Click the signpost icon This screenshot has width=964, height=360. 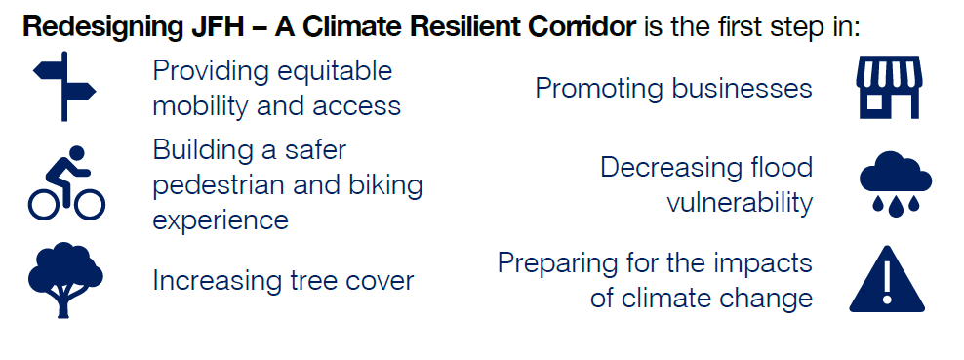(64, 87)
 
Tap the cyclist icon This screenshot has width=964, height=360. (66, 182)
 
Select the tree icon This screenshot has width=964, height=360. (65, 280)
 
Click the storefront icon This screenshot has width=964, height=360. (889, 87)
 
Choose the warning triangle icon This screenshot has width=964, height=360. (887, 279)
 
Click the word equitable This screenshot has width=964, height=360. (334, 72)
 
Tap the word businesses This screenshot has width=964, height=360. (742, 89)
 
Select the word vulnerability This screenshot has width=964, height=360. (740, 204)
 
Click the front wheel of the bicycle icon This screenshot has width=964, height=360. (89, 203)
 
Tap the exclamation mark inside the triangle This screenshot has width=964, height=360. (887, 284)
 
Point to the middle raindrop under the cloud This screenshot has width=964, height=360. (896, 208)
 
